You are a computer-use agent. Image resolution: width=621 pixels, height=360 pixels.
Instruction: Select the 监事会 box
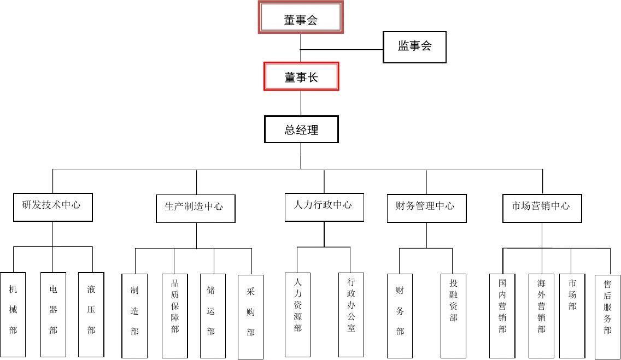(414, 47)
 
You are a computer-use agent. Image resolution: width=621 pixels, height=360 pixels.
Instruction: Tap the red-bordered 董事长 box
(301, 76)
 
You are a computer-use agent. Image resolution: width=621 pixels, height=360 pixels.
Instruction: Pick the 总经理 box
(301, 129)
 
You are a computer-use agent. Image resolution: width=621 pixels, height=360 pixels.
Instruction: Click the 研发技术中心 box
(52, 206)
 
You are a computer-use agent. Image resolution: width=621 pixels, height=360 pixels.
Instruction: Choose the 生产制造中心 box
(195, 208)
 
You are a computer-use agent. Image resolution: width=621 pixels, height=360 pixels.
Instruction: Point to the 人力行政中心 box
(324, 206)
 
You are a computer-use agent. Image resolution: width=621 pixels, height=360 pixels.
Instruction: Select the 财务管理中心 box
(426, 208)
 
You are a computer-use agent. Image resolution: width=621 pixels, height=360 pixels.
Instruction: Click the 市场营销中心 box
(542, 208)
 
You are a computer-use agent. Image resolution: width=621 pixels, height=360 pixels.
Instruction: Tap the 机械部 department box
(13, 314)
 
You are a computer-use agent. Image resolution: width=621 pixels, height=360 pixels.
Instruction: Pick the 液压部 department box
(91, 314)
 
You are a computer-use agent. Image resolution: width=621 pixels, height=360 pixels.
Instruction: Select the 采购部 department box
(250, 316)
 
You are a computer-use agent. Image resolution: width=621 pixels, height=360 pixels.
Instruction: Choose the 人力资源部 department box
(297, 314)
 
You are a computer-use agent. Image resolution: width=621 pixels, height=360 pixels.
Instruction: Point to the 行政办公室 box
(351, 314)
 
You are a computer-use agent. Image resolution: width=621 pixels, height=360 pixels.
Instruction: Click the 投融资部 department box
(453, 315)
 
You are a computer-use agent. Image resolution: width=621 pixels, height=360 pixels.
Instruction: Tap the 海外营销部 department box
(541, 315)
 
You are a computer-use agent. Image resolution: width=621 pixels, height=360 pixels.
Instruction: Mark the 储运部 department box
(212, 315)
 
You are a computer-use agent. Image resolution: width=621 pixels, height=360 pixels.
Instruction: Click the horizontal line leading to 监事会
(342, 50)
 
